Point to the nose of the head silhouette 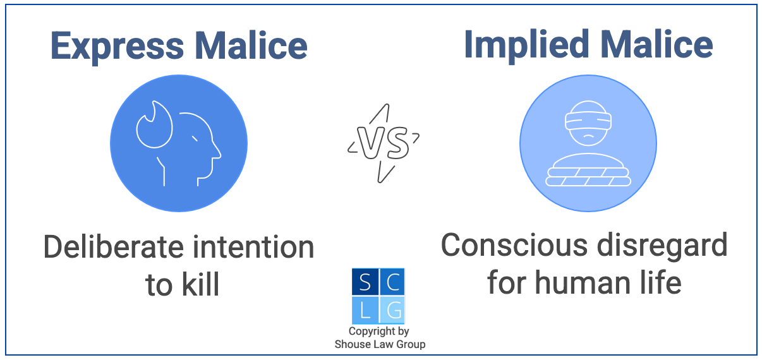[x=218, y=152]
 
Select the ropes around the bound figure [x=588, y=176]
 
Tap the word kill [x=200, y=284]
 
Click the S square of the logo [x=365, y=282]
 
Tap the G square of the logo [x=392, y=309]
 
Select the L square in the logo [x=365, y=309]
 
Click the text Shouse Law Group [x=379, y=344]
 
